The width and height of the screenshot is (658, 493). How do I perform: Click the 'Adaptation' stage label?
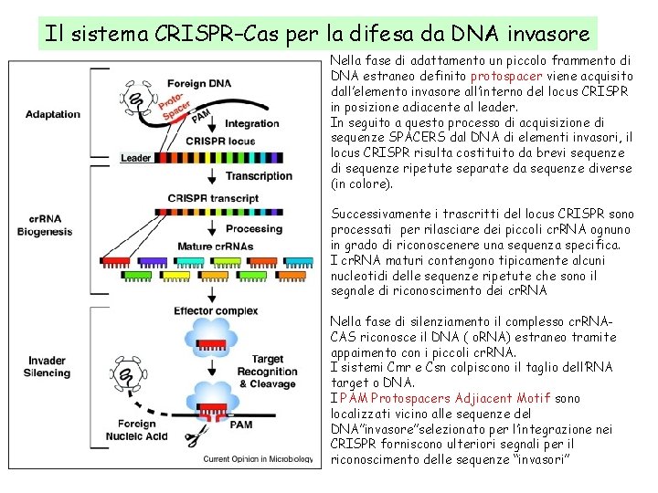tap(53, 115)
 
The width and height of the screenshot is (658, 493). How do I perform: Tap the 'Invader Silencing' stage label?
tap(48, 367)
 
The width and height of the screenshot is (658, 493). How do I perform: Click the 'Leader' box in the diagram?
tap(135, 159)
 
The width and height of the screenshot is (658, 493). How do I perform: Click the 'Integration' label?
tap(251, 123)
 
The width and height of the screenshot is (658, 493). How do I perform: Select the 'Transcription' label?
tap(259, 176)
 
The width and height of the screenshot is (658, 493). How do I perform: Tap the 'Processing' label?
tap(254, 229)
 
